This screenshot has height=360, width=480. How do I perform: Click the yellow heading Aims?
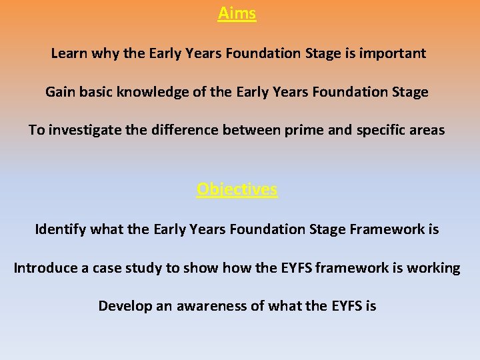[x=237, y=13]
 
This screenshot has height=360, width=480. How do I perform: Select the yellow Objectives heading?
[x=237, y=189]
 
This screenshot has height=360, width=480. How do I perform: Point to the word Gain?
[x=61, y=92]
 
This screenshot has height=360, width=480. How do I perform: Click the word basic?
[x=97, y=92]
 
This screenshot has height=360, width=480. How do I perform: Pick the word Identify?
[x=60, y=230]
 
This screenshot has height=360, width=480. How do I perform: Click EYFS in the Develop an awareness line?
[x=347, y=306]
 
